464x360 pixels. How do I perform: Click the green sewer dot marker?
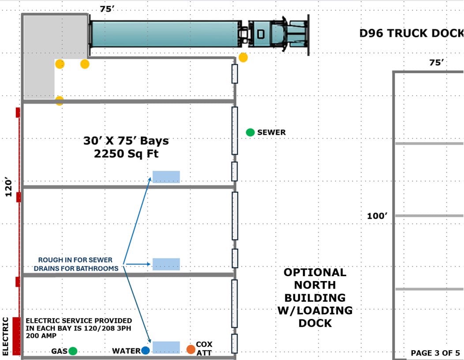(250, 132)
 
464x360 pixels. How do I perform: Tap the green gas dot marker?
(73, 351)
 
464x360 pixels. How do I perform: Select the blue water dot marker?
(146, 350)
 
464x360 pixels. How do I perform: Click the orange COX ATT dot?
(191, 349)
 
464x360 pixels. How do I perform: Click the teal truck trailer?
(165, 34)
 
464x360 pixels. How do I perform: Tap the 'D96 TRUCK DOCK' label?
(412, 33)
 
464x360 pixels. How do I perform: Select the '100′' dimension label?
(377, 216)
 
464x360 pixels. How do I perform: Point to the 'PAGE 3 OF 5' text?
(435, 353)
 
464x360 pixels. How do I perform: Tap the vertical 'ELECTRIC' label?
(6, 336)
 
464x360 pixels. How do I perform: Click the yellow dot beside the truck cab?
(243, 57)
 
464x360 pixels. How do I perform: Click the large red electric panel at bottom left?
(17, 336)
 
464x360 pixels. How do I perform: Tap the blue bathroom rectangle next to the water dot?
(166, 347)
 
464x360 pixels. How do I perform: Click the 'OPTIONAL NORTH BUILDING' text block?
(315, 297)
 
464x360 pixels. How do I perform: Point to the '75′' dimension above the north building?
(436, 63)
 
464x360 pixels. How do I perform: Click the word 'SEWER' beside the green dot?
(271, 132)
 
